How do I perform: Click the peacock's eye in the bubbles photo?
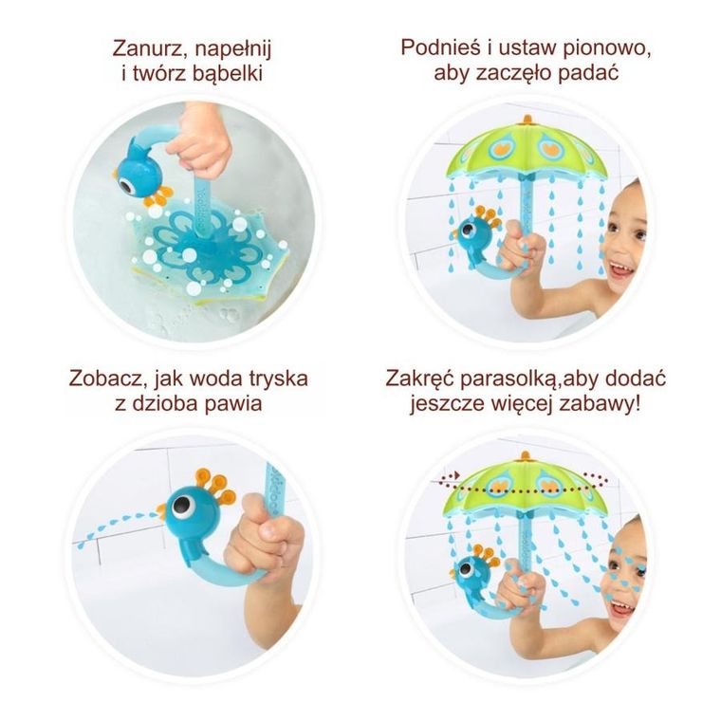(126, 176)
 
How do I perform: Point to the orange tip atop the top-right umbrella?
(527, 120)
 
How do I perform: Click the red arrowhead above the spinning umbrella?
(455, 473)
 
